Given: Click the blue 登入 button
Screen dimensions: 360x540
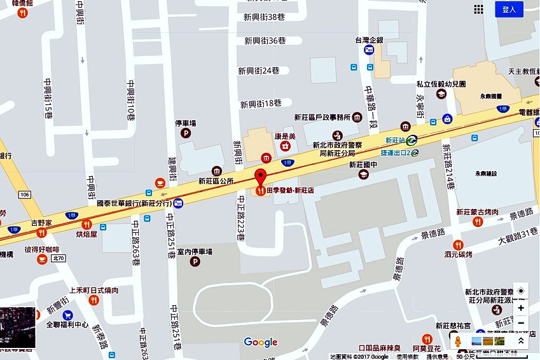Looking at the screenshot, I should (509, 9).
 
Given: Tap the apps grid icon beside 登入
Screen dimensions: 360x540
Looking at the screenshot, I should (478, 9).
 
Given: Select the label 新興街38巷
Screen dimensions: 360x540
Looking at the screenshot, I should (265, 17).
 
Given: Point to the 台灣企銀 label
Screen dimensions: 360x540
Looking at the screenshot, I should (369, 40).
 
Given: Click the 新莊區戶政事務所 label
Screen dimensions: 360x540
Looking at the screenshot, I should (322, 117).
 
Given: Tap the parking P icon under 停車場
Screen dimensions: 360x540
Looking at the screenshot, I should (186, 134).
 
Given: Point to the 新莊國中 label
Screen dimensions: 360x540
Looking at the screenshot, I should (363, 164).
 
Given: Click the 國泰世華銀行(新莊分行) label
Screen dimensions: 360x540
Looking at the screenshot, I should (134, 204).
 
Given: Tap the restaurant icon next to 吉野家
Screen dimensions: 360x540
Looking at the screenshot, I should (41, 233).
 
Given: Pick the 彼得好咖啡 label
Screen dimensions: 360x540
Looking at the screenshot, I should (42, 249).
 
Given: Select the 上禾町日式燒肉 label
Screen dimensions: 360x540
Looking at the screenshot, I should (93, 290).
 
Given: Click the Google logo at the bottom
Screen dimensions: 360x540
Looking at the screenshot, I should (261, 342).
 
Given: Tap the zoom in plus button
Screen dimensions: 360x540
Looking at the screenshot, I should (521, 308).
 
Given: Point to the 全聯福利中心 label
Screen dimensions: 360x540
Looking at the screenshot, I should (67, 324).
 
